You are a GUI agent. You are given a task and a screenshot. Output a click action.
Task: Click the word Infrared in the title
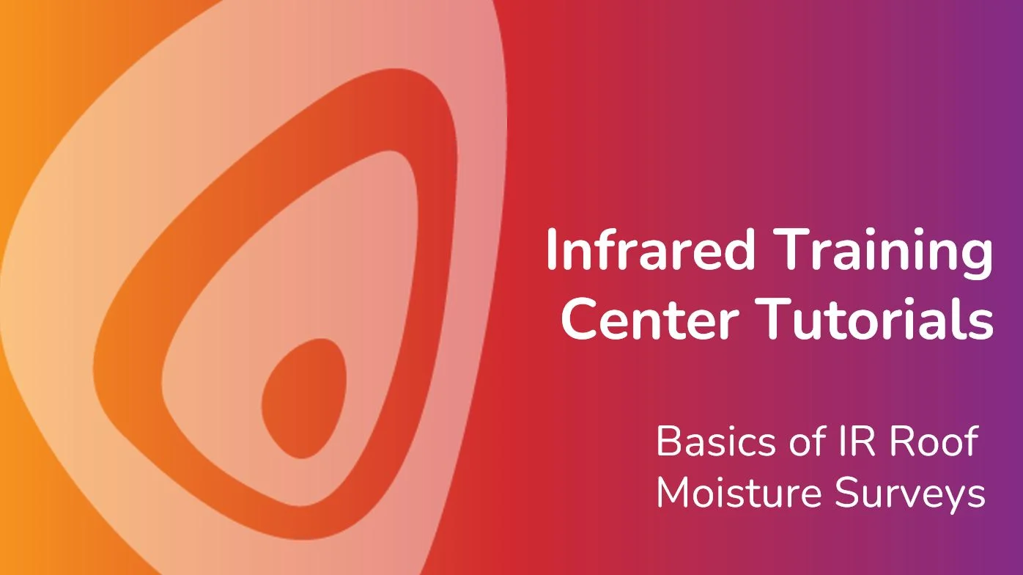650,249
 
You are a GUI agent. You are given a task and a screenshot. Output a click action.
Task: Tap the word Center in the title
649,318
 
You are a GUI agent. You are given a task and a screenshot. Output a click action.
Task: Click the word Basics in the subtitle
716,442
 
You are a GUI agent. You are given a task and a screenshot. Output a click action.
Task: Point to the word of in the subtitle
808,442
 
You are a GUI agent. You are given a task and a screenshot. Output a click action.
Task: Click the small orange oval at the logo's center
303,398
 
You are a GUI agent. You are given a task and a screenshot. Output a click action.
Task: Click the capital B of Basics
668,442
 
